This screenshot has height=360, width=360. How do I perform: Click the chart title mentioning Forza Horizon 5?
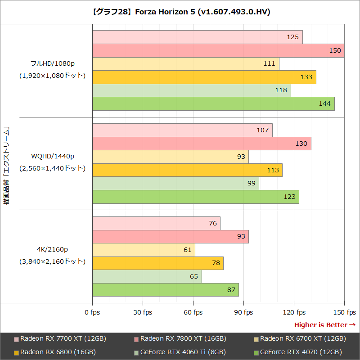point(180,12)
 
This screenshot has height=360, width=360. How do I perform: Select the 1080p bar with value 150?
point(218,50)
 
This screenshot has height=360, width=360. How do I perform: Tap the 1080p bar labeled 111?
point(185,64)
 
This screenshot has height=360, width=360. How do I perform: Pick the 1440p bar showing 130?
point(202,144)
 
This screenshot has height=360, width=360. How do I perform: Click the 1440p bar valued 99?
point(175,183)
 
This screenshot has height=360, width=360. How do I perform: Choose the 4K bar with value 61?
point(144,250)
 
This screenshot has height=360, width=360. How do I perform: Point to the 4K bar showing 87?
point(165,290)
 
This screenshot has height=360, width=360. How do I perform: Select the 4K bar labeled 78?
point(158,263)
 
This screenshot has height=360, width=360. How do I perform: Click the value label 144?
point(324,104)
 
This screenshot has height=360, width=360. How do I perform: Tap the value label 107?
point(262,130)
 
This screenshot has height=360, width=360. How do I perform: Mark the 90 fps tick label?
point(243,312)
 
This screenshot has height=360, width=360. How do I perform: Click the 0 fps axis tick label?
point(92,312)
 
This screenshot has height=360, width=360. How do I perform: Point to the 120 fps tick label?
point(294,312)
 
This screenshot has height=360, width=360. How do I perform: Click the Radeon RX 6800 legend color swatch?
point(17,352)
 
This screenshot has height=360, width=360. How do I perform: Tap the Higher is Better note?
point(324,325)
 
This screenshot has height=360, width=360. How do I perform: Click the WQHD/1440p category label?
point(53,156)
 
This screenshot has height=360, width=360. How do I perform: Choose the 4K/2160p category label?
point(53,249)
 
